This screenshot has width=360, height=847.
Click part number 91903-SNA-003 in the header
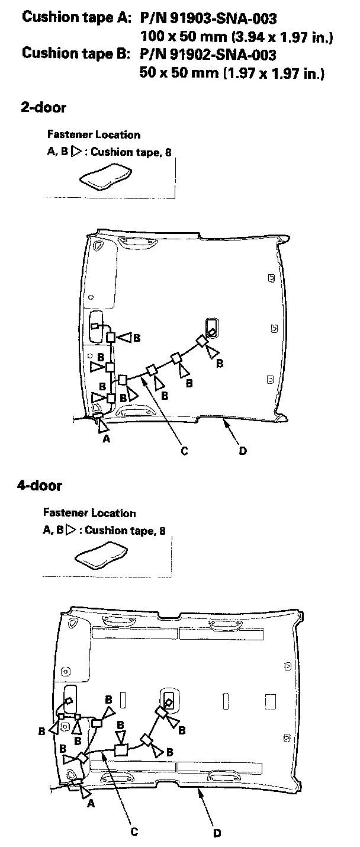208,20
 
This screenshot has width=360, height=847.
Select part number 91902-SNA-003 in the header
208,55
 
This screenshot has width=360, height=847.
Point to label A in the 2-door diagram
107,439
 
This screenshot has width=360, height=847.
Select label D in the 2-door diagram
243,451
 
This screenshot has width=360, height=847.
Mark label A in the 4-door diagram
91,804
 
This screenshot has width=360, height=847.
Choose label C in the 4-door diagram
134,831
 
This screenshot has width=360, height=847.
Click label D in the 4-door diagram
217,833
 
